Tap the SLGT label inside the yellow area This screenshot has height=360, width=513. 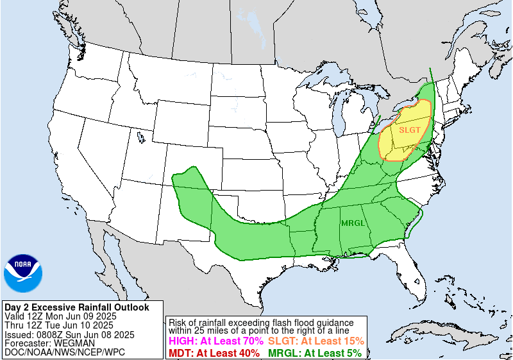coord(410,130)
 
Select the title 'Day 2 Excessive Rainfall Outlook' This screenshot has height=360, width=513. coord(76,307)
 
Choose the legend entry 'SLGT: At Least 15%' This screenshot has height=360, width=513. coord(316,341)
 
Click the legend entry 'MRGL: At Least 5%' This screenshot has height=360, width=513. coord(314,352)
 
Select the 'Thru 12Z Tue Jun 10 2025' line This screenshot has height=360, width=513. coord(58,325)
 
